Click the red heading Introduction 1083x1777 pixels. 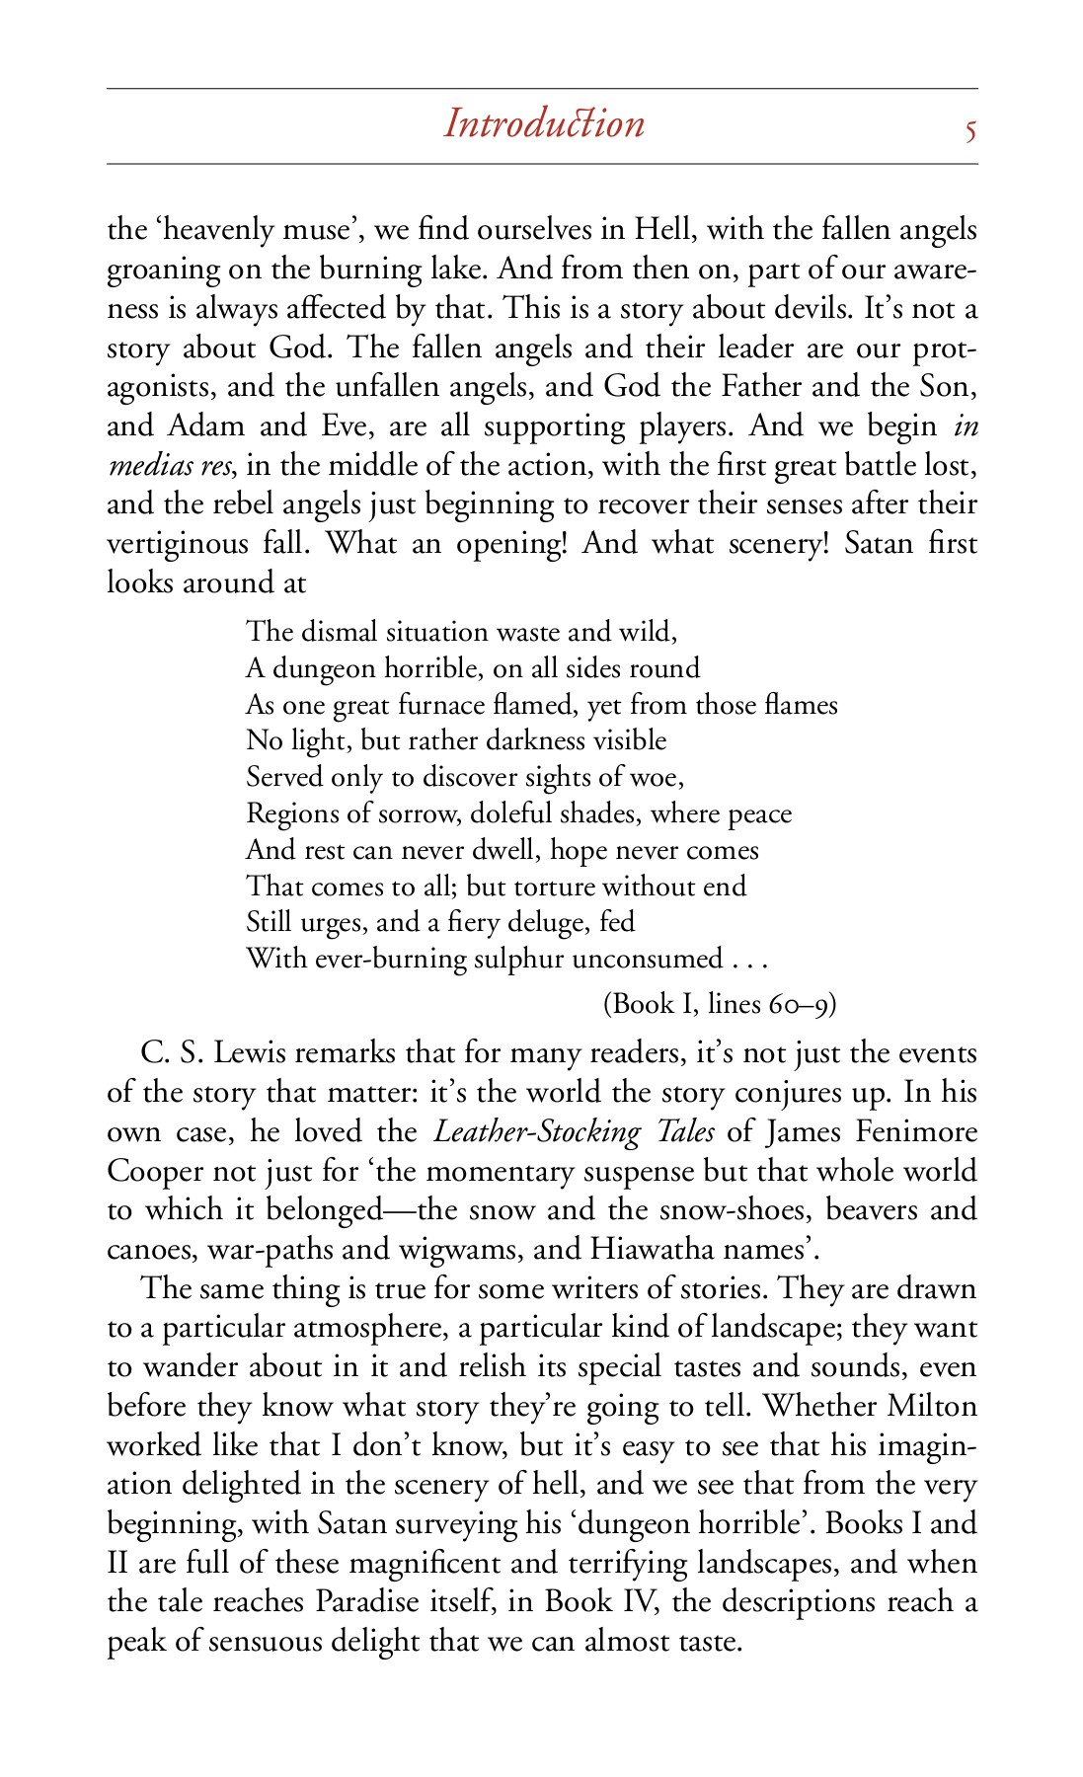[544, 124]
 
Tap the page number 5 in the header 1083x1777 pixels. [970, 129]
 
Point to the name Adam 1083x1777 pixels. [206, 425]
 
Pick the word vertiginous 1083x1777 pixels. [178, 543]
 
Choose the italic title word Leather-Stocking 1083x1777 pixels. [537, 1131]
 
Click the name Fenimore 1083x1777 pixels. [916, 1131]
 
